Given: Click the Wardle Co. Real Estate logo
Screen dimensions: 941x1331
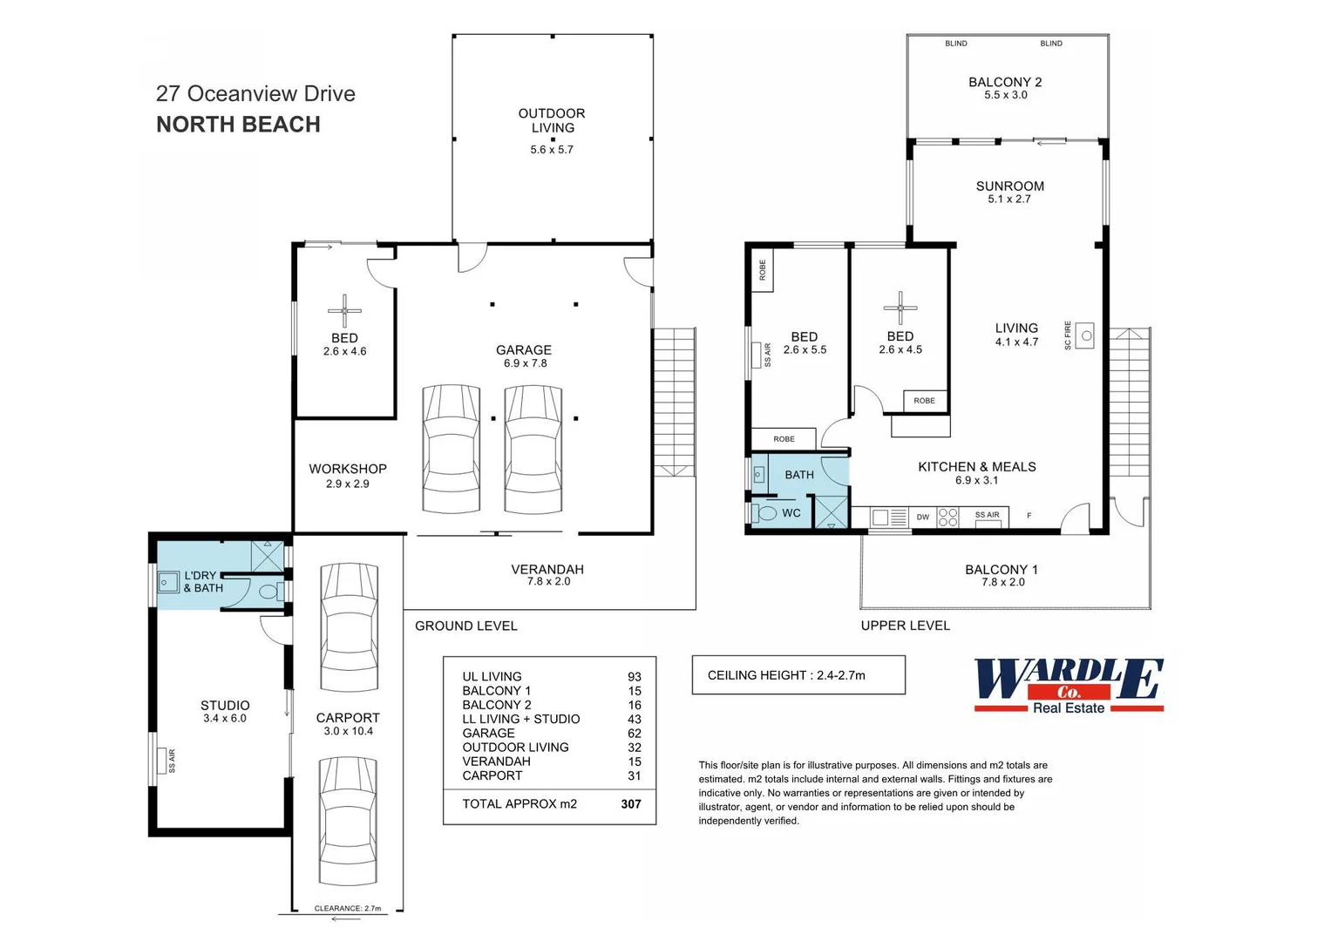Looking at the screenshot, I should click(1069, 686).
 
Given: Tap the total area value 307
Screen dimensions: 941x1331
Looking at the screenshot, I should click(631, 804).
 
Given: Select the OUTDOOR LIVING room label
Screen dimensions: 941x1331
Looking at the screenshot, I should click(552, 120).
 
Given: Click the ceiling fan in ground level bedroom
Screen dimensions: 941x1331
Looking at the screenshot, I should click(344, 310).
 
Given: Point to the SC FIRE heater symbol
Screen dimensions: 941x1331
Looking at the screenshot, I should click(1085, 335).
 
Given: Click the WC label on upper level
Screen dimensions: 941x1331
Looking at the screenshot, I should click(791, 513).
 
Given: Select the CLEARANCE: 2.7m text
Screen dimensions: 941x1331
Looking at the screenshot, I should click(348, 908).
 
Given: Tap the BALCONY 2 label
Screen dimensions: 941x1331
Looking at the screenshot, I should click(1005, 82).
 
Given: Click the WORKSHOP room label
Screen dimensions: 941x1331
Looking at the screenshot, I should click(348, 469).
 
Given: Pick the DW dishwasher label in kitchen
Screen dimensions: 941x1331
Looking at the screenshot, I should click(922, 518).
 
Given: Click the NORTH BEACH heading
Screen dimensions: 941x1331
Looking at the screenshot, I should click(238, 125).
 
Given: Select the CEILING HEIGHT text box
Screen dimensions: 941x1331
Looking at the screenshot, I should click(798, 675).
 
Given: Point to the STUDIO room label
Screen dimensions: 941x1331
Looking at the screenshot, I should click(225, 706).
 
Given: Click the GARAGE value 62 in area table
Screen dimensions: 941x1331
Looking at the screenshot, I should click(634, 734).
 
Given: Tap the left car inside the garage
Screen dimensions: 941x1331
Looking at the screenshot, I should click(451, 449).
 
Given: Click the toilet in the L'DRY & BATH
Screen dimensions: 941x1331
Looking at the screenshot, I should click(269, 592).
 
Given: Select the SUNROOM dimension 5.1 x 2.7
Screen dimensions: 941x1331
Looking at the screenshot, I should click(1009, 200).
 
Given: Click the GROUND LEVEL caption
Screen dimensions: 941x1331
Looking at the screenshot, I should click(465, 626).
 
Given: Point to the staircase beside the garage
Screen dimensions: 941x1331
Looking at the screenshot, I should click(674, 401).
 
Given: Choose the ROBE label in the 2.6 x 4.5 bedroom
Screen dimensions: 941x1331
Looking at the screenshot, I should click(925, 401).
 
